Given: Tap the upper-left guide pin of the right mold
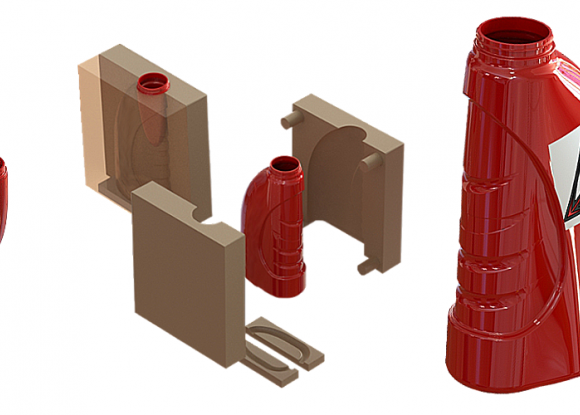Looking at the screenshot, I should pyautogui.click(x=290, y=120).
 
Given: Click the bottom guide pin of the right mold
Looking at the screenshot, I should pyautogui.click(x=364, y=266).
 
